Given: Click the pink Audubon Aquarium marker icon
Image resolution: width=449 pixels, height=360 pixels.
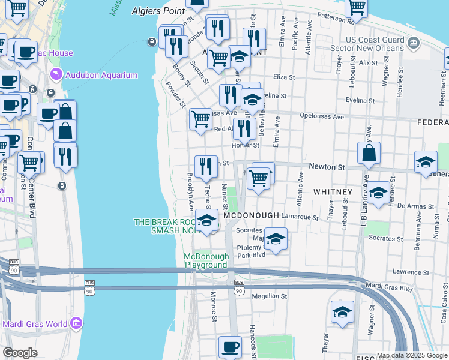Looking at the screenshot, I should click(56, 74).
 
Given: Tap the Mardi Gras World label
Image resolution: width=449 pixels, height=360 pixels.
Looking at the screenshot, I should click(35, 325).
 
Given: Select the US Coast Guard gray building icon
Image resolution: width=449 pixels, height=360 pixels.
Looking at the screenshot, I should click(413, 43).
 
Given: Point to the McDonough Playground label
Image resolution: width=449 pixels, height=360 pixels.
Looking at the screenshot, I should click(206, 260).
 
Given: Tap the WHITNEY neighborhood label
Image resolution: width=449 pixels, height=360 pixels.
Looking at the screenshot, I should click(332, 191).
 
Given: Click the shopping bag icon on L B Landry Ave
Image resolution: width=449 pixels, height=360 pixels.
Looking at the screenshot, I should click(369, 154).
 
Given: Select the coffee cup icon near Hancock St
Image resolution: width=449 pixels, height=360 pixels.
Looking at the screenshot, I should click(230, 347).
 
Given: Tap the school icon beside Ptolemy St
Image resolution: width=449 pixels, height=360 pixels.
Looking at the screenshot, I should click(276, 239).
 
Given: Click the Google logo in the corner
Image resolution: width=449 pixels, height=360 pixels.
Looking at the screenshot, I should click(20, 353).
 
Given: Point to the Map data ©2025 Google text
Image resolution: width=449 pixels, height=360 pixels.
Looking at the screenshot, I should click(412, 355).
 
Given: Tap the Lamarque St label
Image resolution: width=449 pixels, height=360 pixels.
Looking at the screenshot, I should click(300, 217).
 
